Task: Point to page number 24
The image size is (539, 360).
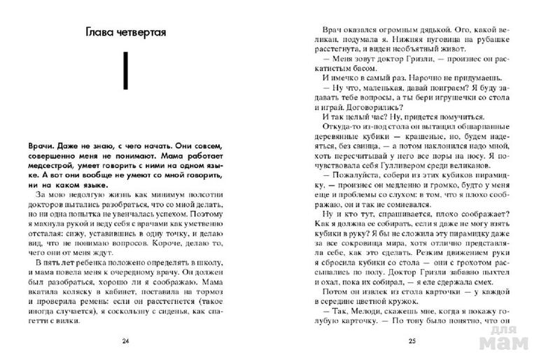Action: (x=125, y=341)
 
